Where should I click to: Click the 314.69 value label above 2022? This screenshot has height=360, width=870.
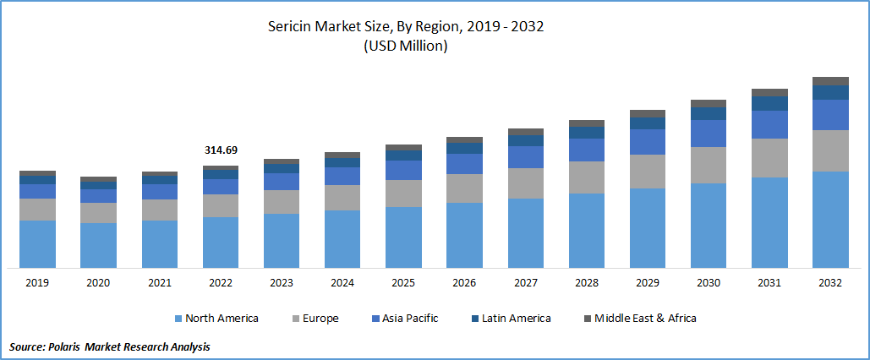coord(221,150)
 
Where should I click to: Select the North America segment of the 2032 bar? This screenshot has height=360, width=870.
coord(830,220)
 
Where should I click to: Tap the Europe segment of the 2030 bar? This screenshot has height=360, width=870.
coord(708,165)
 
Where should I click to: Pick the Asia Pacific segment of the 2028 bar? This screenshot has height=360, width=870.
coord(586,150)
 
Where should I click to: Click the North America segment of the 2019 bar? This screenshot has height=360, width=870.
coord(37,244)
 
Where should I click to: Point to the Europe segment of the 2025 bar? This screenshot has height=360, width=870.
coord(403,194)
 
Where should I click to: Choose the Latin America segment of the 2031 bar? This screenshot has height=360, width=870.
coord(769,103)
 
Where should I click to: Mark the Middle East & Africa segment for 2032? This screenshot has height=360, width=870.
coord(830,81)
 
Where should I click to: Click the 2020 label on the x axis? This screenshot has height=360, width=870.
coord(98,283)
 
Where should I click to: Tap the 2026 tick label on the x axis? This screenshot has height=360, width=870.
coord(464,283)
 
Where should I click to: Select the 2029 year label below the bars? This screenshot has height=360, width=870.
coord(647,283)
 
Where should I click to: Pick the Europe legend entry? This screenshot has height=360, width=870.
coord(319,319)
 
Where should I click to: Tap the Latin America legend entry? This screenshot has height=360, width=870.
coord(516,319)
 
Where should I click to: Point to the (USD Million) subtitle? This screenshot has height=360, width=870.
coord(405,46)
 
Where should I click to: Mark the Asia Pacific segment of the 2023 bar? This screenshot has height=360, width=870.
coord(282,182)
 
